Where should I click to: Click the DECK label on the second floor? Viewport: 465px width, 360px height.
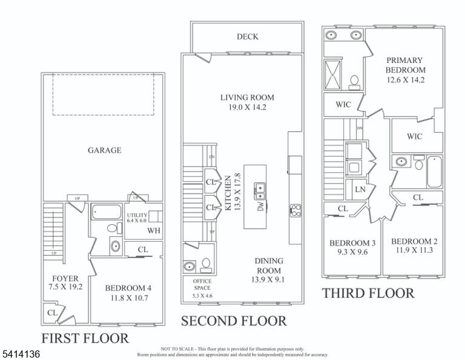(x=247, y=37)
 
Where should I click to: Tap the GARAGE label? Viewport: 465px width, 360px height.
(x=104, y=150)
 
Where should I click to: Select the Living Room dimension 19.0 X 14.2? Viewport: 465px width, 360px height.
(x=247, y=107)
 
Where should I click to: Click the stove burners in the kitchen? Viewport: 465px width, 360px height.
(x=295, y=210)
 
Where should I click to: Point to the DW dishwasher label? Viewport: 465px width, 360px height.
(x=261, y=206)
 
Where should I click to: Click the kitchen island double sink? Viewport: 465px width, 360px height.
(x=260, y=192)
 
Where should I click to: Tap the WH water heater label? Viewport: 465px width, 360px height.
(x=154, y=230)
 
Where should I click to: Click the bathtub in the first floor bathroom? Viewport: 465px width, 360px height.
(x=106, y=212)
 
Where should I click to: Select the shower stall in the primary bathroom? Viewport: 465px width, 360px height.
(x=333, y=74)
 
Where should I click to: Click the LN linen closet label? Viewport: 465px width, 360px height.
(x=360, y=189)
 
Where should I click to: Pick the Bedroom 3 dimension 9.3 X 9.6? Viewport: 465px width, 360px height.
(x=352, y=252)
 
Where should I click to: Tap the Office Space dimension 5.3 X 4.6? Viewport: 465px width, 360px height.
(x=202, y=296)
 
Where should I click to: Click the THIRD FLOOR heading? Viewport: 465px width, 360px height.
(x=368, y=293)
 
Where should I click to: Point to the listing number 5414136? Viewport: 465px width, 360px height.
(x=21, y=354)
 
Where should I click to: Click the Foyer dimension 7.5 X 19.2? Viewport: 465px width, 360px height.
(x=65, y=287)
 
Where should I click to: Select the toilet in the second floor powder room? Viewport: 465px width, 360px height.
(x=206, y=265)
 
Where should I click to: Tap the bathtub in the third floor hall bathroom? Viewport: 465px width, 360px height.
(x=434, y=172)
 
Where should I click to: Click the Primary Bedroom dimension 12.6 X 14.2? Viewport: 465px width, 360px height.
(x=406, y=80)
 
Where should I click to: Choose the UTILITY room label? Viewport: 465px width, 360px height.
(x=137, y=215)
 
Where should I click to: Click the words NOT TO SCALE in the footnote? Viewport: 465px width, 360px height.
(x=177, y=349)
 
